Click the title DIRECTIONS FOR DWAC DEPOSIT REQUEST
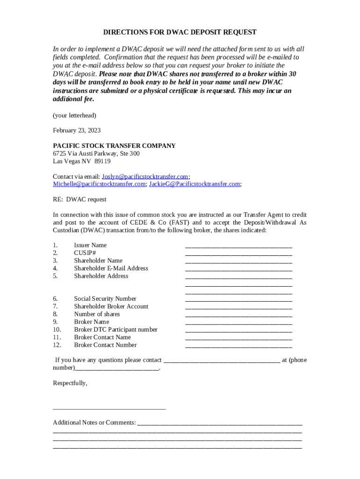pos(180,32)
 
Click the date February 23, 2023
pos(77,131)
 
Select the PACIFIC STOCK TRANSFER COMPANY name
pos(114,146)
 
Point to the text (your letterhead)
pos(75,115)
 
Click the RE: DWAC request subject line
pos(79,200)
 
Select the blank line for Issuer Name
pos(238,246)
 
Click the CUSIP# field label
pos(85,253)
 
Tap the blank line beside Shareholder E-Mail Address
pos(238,269)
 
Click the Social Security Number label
pos(105,299)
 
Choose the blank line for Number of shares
pos(238,315)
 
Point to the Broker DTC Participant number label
pos(115,330)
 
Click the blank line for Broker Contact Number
pos(238,346)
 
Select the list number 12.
pos(57,345)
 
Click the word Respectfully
pos(70,383)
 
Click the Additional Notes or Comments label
pos(94,423)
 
